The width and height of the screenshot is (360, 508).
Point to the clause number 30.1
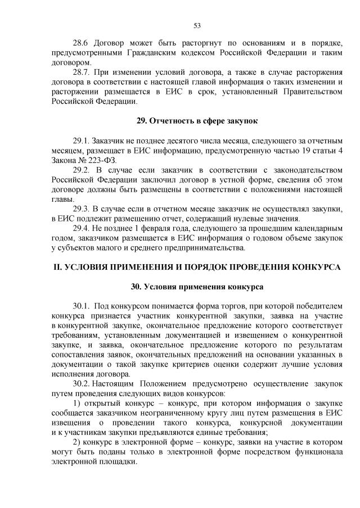(82, 306)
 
